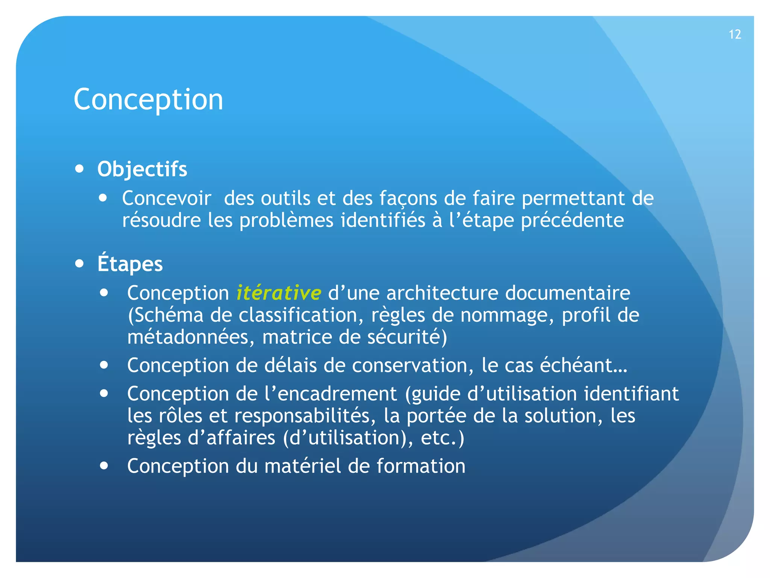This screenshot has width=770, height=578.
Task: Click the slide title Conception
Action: tap(149, 99)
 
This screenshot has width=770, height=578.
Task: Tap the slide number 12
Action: tap(735, 35)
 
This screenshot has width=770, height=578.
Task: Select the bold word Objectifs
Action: tap(142, 169)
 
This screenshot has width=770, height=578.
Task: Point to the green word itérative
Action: tap(279, 293)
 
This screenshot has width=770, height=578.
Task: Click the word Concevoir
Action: tap(167, 198)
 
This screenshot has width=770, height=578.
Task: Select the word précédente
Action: tap(572, 220)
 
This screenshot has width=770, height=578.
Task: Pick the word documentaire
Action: tap(567, 293)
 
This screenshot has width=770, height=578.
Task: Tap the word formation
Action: tap(421, 466)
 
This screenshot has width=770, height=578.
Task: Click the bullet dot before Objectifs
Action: tap(79, 169)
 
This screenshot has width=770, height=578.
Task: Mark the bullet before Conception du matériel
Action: tap(104, 466)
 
